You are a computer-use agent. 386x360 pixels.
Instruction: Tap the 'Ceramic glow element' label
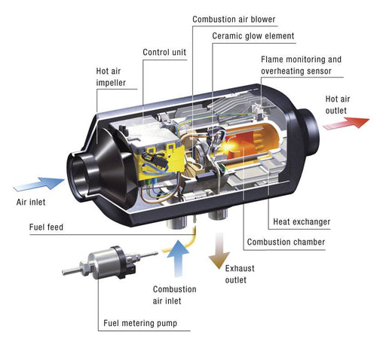coord(253,35)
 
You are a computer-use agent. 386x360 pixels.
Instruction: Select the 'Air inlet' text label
coord(32,203)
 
